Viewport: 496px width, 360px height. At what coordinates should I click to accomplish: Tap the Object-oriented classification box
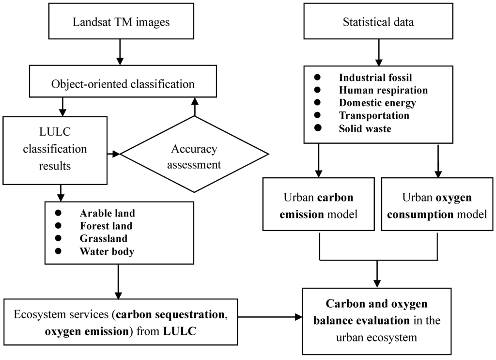(123, 83)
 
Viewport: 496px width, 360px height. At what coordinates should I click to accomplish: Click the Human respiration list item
(383, 90)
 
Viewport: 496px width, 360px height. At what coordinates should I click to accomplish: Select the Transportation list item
(373, 115)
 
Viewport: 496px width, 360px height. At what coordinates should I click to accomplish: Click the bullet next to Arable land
(59, 213)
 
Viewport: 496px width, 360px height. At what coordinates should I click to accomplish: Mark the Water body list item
(107, 251)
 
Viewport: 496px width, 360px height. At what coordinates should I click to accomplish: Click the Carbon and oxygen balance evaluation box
(377, 320)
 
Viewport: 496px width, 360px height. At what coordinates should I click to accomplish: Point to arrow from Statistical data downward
(378, 52)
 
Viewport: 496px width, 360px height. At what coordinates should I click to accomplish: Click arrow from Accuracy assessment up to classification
(195, 105)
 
